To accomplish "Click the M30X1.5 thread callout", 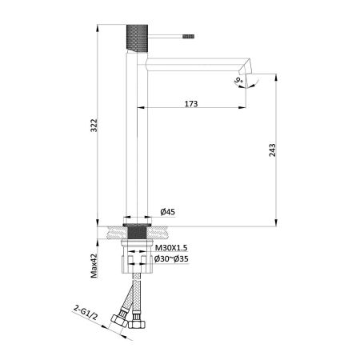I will (x=171, y=248).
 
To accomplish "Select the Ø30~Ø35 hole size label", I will (x=171, y=259).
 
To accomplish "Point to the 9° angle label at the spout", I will (x=238, y=80).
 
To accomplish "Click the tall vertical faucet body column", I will (x=135, y=136).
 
